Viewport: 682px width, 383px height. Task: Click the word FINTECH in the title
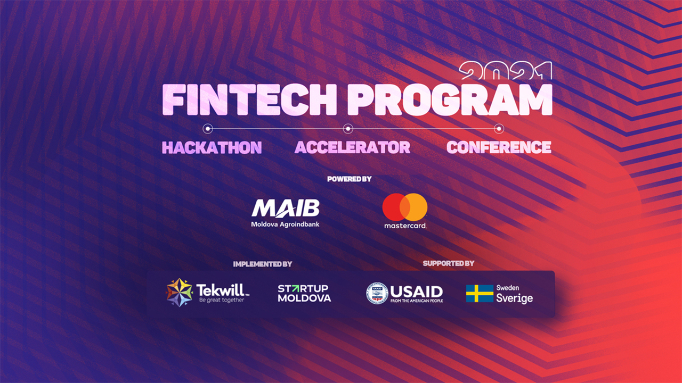point(249,99)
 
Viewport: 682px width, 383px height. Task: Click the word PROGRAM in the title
point(450,99)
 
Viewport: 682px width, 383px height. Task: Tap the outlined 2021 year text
point(506,71)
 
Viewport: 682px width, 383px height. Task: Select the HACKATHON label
point(212,147)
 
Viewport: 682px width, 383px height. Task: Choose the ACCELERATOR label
point(352,147)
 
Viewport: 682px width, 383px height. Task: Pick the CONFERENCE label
point(499,147)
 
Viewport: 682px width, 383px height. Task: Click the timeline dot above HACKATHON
point(208,129)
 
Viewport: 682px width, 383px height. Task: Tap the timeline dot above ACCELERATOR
point(348,129)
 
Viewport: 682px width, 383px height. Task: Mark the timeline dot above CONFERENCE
point(499,129)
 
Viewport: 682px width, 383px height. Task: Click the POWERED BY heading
point(349,179)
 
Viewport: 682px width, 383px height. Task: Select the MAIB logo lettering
point(285,209)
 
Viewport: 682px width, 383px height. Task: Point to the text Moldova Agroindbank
point(285,224)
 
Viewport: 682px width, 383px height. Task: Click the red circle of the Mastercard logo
point(395,207)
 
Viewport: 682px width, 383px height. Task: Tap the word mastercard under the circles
point(405,226)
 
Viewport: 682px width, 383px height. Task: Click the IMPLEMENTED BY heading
point(263,264)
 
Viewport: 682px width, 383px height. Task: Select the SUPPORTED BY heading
point(449,263)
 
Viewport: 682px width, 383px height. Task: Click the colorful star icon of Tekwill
point(179,293)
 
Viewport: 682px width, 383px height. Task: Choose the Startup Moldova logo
point(304,293)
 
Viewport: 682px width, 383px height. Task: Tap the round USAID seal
point(377,293)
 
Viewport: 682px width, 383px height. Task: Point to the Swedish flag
point(480,293)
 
